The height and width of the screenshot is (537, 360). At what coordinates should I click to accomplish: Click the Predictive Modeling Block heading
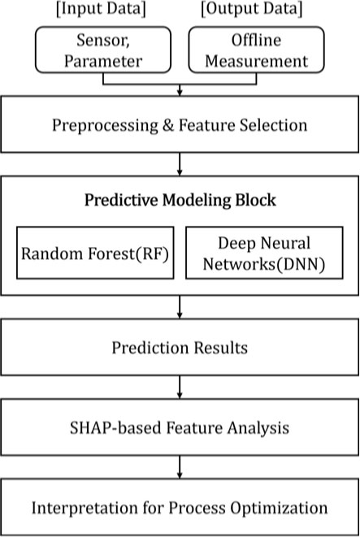180,200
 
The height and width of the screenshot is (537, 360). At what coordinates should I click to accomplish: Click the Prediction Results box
180,349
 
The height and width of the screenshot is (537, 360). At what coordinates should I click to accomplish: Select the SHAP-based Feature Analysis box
180,427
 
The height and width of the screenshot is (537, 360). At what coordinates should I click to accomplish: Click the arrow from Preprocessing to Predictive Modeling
180,165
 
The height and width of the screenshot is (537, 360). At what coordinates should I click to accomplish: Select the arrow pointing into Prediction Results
180,310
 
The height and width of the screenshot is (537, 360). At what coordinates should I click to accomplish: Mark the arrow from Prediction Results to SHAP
180,389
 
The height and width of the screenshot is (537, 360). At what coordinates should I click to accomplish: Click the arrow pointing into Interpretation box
180,469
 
